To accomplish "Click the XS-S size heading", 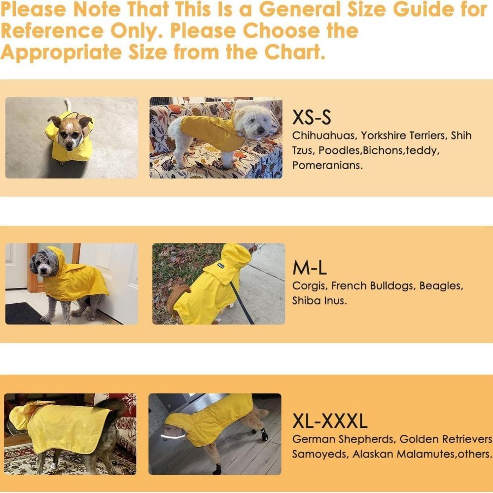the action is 312,117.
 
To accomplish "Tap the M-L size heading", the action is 310,268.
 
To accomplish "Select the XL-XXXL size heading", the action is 330,421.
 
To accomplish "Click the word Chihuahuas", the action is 324,136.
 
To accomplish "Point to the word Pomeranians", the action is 327,165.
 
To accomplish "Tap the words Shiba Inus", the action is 319,301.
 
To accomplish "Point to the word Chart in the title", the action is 294,52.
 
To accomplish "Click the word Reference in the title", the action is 52,31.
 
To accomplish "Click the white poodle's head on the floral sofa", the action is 255,122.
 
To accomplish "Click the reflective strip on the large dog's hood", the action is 173,436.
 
